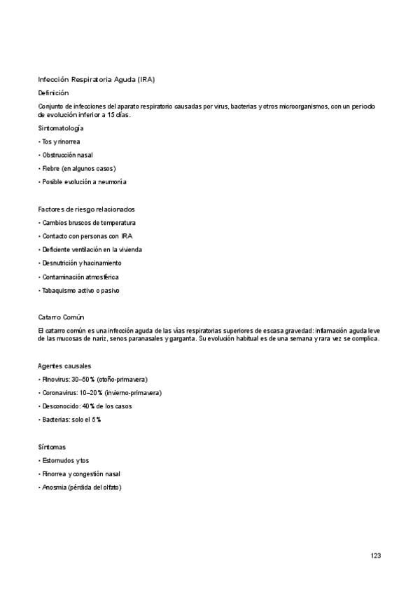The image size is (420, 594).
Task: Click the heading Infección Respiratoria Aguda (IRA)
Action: [101, 79]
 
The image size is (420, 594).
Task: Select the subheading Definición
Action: [53, 92]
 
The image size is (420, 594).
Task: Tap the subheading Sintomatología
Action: [61, 128]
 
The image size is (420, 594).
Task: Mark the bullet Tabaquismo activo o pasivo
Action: [79, 291]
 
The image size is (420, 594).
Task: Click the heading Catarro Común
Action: [61, 317]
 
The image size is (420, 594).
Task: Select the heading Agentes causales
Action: [64, 366]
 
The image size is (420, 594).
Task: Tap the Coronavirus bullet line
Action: [100, 393]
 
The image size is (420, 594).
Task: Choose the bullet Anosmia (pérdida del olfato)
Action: [80, 488]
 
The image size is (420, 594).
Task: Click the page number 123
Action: [376, 555]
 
